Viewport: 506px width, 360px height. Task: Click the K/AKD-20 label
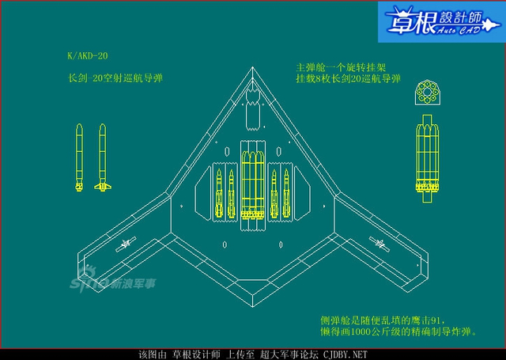[x=88, y=57]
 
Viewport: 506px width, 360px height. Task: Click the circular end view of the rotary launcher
[x=427, y=94]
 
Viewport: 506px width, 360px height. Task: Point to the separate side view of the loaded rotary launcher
[x=427, y=162]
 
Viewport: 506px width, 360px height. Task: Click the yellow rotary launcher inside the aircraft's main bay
[x=253, y=184]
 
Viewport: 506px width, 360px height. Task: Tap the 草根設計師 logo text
[x=440, y=22]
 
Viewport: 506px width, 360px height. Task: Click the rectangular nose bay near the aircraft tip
[x=253, y=111]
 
